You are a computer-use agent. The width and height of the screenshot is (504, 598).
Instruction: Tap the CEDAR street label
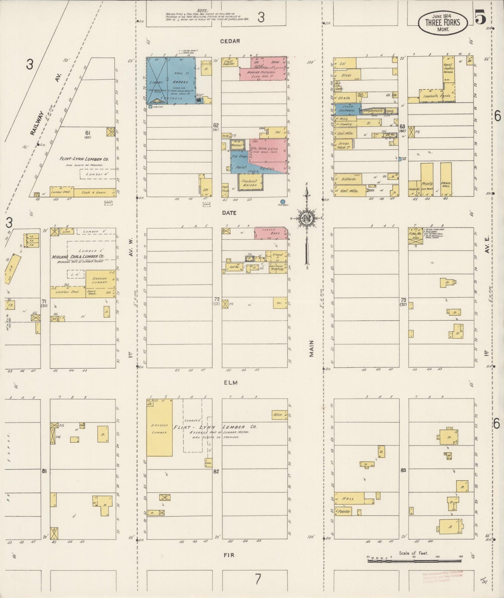[x=230, y=41]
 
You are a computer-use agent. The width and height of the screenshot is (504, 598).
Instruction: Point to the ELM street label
[x=230, y=382]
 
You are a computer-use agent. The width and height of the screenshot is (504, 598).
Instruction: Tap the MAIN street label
[x=311, y=349]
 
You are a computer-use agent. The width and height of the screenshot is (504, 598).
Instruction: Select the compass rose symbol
[x=307, y=218]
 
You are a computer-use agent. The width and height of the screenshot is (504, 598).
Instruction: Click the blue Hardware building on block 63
[x=347, y=110]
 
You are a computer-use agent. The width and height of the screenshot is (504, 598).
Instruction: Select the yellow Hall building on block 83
[x=349, y=498]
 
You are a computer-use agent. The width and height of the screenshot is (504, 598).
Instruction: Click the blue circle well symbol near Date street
[x=283, y=202]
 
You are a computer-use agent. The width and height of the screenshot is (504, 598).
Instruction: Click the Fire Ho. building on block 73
[x=415, y=236]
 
